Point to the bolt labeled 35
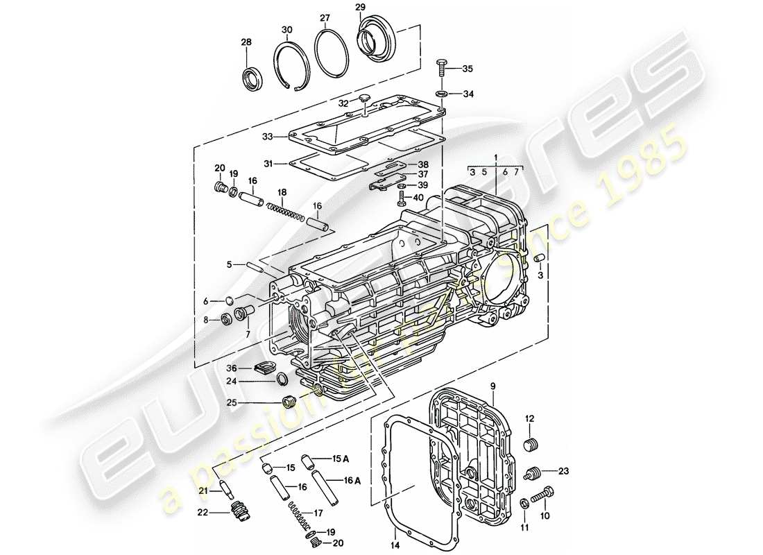tap(442, 69)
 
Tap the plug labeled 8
tap(227, 319)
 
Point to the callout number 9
tap(493, 386)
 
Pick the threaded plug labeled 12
tap(531, 445)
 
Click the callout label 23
tap(563, 471)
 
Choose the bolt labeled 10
tap(542, 497)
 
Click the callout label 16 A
tap(351, 480)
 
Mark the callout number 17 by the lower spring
tap(318, 514)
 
